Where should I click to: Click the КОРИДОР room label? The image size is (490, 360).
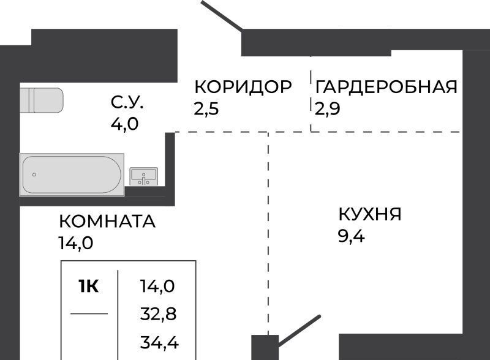click(x=243, y=87)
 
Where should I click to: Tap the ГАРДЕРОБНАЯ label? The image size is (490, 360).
click(x=386, y=87)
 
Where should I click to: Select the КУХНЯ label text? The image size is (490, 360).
click(x=369, y=214)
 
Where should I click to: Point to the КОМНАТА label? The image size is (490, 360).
click(x=107, y=221)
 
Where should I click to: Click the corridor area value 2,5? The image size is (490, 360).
click(x=205, y=110)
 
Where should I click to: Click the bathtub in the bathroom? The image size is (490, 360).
click(x=72, y=174)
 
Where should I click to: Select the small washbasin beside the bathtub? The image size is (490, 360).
click(x=145, y=176)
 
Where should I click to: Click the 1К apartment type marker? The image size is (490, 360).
click(x=89, y=286)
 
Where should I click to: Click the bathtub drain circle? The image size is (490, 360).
click(x=35, y=175)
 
